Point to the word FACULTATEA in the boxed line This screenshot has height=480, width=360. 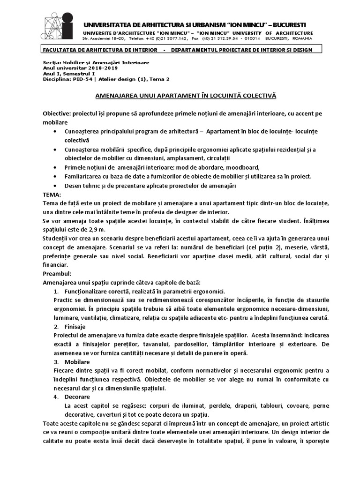point(60,50)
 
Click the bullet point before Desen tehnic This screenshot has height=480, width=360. point(57,186)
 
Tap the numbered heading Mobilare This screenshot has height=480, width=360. point(76,362)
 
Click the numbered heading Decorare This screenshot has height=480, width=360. point(76,397)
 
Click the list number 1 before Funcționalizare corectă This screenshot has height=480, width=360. point(57,292)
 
